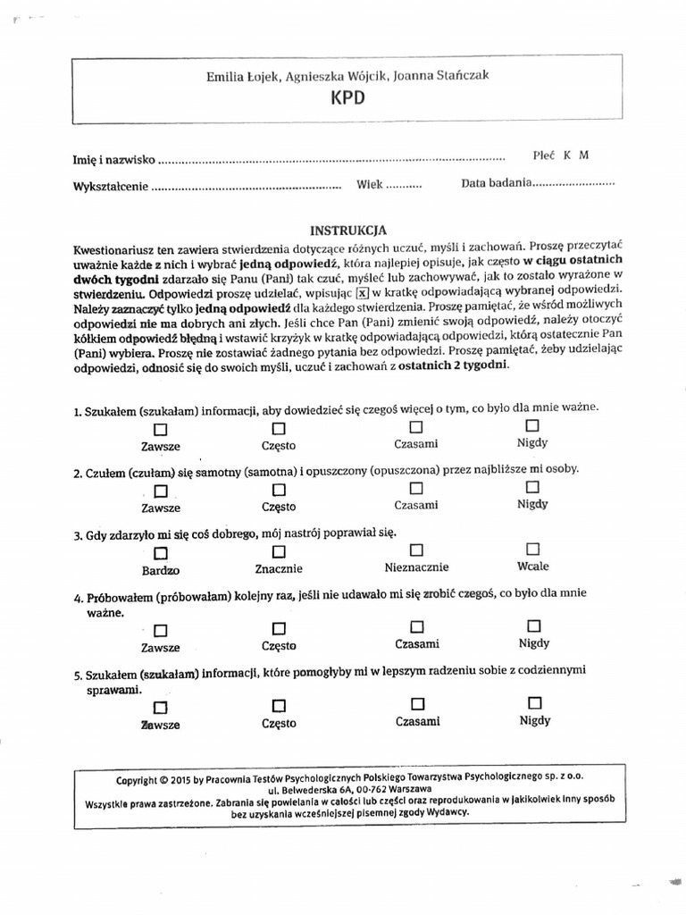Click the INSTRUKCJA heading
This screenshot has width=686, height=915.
tap(348, 230)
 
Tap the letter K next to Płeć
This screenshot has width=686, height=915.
tap(566, 155)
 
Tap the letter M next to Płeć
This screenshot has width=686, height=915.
tap(583, 155)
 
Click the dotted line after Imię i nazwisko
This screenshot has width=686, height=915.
tap(330, 162)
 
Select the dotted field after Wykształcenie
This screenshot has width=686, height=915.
tap(247, 189)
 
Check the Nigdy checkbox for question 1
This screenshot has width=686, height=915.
tap(533, 425)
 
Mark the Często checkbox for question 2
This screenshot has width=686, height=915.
tap(279, 490)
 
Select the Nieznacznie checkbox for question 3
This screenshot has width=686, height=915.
tap(416, 550)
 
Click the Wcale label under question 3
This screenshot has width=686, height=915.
tap(533, 566)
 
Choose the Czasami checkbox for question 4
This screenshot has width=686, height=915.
tap(416, 626)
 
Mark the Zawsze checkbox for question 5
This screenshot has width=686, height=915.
tap(160, 707)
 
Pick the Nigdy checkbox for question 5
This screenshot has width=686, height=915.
tap(534, 702)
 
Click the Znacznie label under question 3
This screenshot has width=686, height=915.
tap(279, 568)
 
